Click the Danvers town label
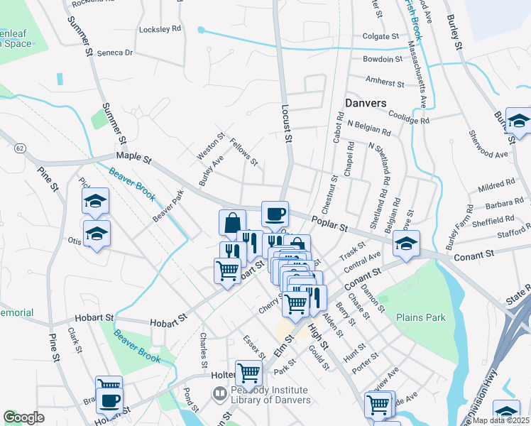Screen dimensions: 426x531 coord(366,103)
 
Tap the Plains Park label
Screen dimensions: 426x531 coord(421,317)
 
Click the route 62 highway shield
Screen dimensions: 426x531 coord(19,148)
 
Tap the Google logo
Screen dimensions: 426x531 coord(23,417)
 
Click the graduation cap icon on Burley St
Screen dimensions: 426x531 coord(519,121)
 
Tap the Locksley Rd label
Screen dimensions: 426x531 coord(160,29)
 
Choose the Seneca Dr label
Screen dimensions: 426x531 coord(115,53)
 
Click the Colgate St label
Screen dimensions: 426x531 coord(381,35)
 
